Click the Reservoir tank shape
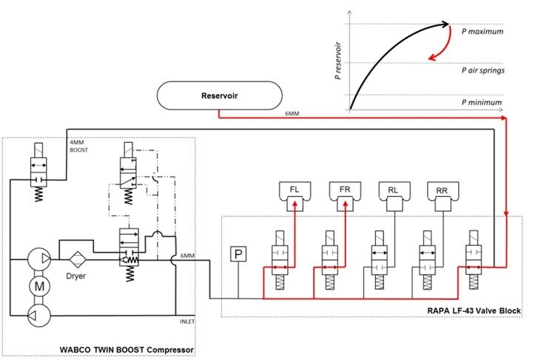[219, 96]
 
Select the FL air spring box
[295, 190]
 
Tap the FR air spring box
[345, 190]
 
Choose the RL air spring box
[393, 190]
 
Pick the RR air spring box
[443, 191]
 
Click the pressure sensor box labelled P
[238, 255]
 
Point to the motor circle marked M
[37, 284]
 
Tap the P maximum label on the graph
[482, 32]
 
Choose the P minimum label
[481, 102]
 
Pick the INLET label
[187, 321]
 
